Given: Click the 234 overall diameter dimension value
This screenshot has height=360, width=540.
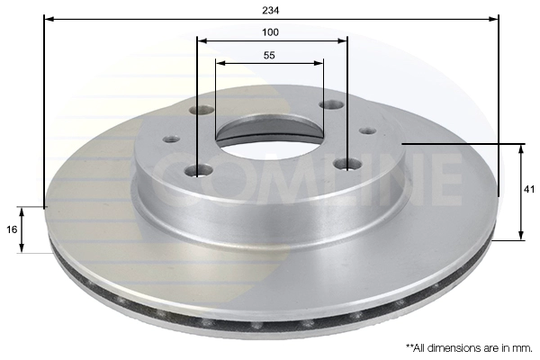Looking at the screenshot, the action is (x=270, y=10).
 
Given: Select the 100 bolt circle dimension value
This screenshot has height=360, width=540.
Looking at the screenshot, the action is (x=270, y=32).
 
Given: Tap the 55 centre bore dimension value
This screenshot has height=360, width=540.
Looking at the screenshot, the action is (x=269, y=55).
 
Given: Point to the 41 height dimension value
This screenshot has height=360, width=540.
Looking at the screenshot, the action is (x=528, y=190).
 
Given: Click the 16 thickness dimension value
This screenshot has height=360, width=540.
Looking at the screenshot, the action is (x=12, y=229).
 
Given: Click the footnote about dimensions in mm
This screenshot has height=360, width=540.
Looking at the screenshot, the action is (x=470, y=348).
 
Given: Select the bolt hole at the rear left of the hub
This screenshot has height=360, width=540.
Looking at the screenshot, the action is (x=202, y=110).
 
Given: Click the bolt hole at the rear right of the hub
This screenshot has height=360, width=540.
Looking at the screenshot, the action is (x=331, y=104).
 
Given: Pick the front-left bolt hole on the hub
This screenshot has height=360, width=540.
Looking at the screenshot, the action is (x=198, y=170).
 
